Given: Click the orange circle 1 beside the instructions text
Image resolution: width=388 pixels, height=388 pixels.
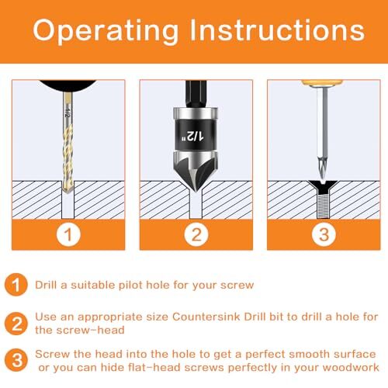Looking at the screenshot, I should (x=16, y=285).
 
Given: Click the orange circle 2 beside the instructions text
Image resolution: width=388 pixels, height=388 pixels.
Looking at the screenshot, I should (x=16, y=322).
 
